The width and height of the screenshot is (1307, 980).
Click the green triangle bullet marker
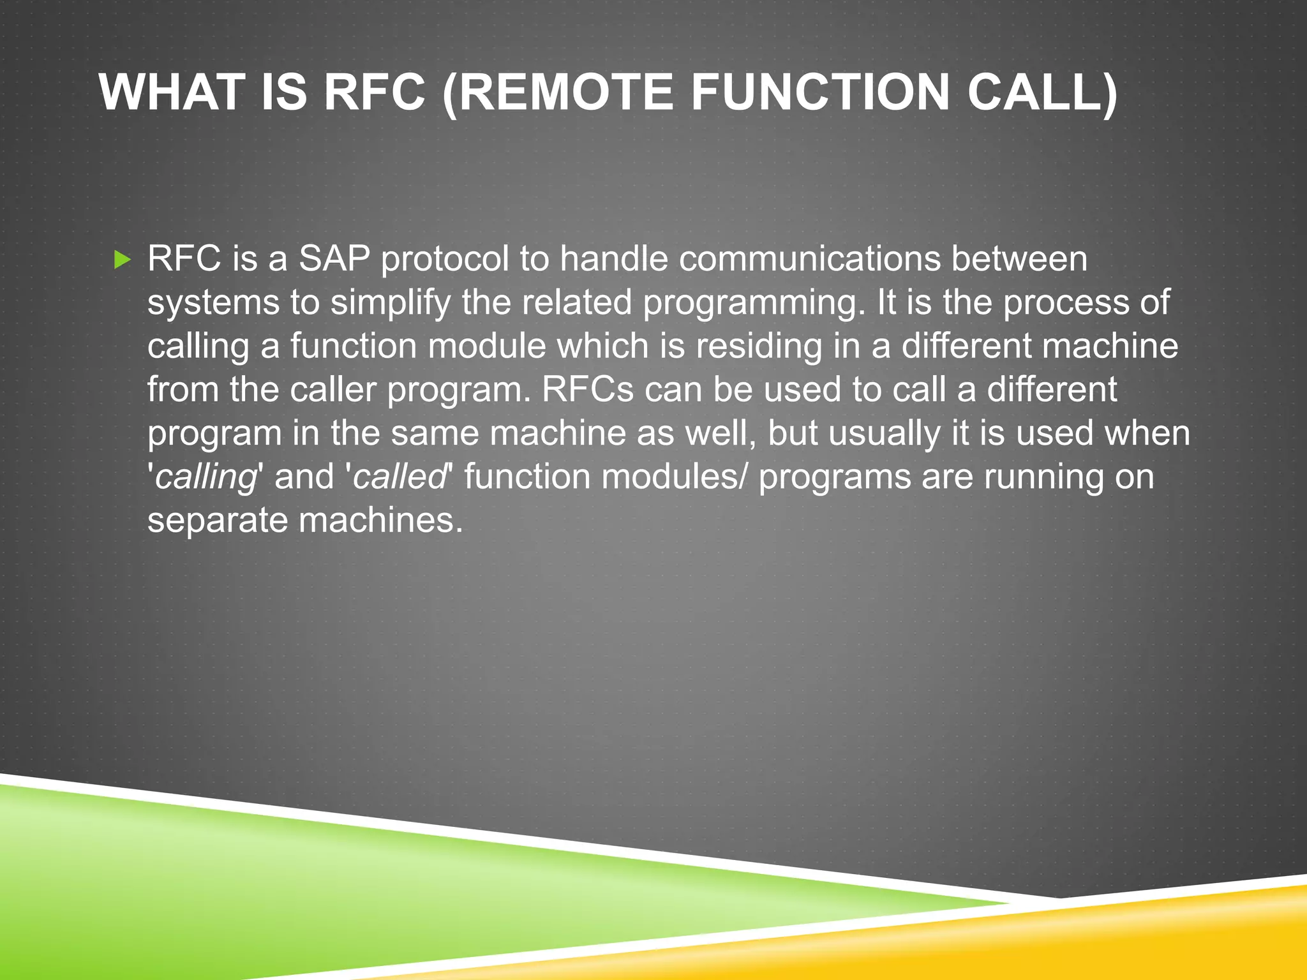click(x=122, y=260)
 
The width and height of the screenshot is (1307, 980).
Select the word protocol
click(x=445, y=259)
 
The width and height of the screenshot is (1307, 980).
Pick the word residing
click(x=759, y=346)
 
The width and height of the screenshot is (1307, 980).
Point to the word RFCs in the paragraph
click(x=588, y=389)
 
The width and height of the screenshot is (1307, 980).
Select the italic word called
click(x=400, y=477)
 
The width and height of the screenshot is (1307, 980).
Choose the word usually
click(x=885, y=433)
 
